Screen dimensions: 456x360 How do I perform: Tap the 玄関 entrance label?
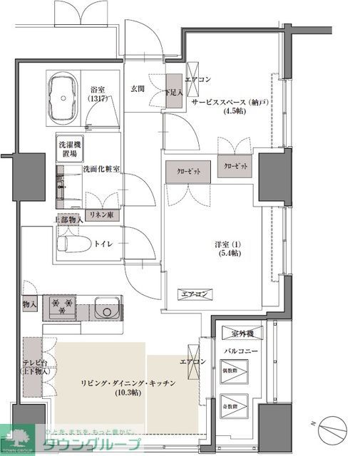138,89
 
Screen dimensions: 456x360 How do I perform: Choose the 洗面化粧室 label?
101,169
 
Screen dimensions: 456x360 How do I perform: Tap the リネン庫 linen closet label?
100,214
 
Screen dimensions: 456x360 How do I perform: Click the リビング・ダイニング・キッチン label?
127,383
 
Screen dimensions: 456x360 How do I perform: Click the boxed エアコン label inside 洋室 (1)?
193,294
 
